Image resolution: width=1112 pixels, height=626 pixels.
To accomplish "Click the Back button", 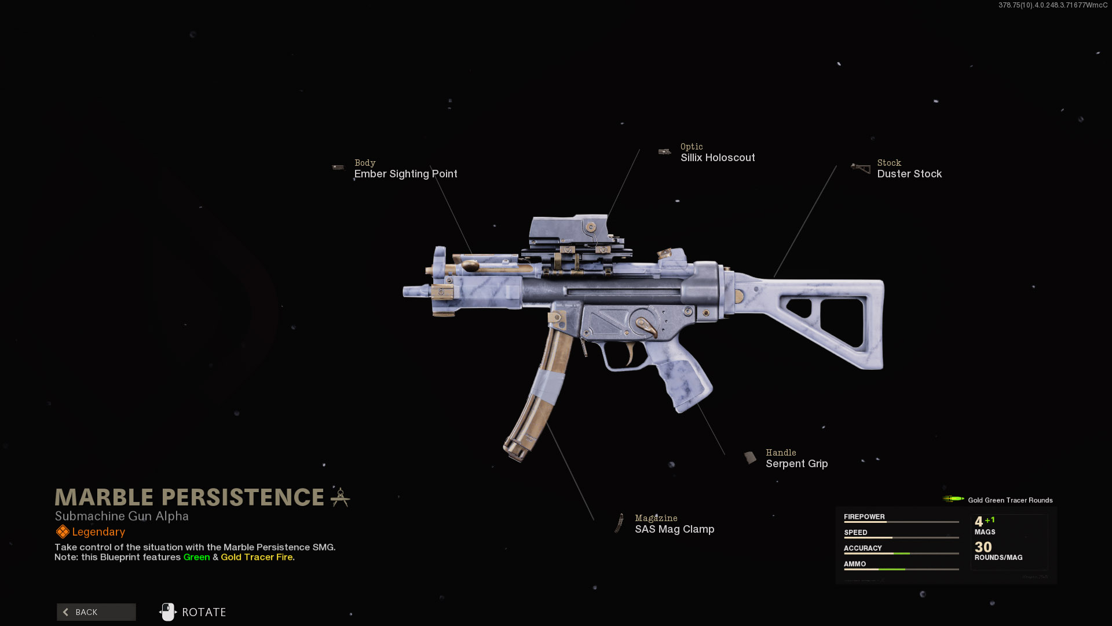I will tap(96, 612).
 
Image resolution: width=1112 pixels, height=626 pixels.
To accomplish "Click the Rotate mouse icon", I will tap(167, 612).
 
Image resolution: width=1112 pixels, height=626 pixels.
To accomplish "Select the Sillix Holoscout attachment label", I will tap(717, 158).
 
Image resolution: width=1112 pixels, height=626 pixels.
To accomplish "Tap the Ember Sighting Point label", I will tap(405, 174).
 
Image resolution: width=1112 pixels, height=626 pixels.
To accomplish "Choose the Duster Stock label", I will tap(909, 174).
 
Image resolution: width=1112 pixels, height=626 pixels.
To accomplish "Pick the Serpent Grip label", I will tap(796, 464).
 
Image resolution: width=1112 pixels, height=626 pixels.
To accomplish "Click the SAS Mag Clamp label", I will tap(674, 529).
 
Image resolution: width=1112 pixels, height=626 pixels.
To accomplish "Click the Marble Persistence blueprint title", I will tap(189, 497).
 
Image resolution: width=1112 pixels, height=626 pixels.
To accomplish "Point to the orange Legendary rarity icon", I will tap(62, 532).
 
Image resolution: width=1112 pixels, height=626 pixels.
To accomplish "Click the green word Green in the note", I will tap(196, 557).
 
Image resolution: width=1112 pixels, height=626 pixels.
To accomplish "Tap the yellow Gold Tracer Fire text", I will tap(257, 557).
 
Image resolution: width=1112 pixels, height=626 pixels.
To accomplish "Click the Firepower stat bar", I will tap(901, 522).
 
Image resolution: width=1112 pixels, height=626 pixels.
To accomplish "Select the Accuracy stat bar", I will tap(901, 554).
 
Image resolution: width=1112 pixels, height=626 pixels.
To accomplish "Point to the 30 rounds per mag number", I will tap(983, 547).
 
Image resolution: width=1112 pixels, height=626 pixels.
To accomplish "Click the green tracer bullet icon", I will tap(953, 499).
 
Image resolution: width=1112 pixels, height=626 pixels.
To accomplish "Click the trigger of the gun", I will tap(630, 352).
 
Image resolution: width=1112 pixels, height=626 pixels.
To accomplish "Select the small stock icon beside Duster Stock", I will tap(861, 169).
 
